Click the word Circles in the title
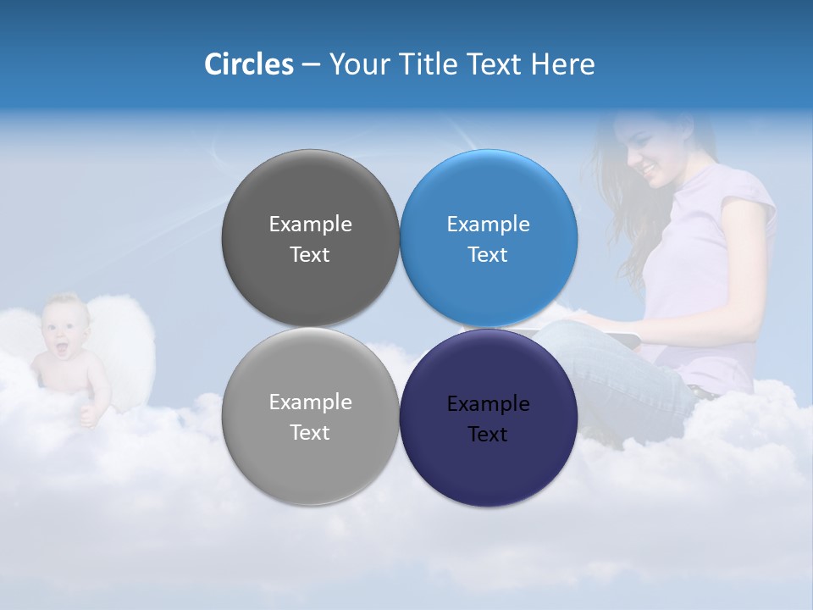tap(249, 64)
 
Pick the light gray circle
tap(310, 457)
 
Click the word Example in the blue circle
tap(489, 225)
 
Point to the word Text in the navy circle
tap(488, 435)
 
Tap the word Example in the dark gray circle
tap(310, 225)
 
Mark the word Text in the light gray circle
tap(310, 433)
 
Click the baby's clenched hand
tap(86, 415)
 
